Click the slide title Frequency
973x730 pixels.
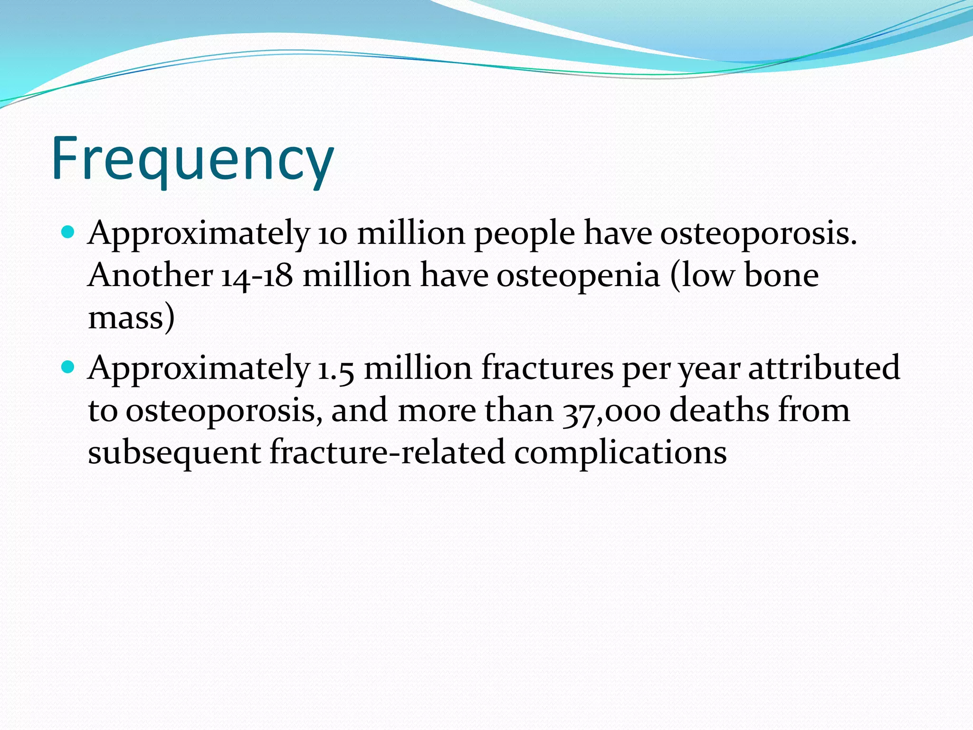192,159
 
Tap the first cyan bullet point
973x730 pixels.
68,232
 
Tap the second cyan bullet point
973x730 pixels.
68,367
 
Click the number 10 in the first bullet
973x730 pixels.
333,234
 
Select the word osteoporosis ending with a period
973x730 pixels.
758,234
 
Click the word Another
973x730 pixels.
150,275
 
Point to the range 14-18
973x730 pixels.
257,276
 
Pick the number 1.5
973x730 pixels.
335,369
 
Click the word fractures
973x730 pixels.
547,368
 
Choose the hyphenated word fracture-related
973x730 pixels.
387,451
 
